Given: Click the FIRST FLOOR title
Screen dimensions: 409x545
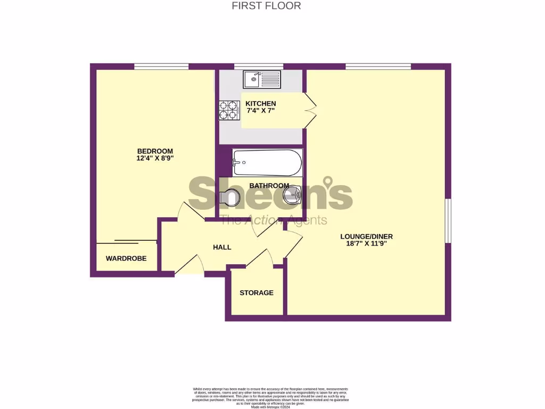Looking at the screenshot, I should point(266,6).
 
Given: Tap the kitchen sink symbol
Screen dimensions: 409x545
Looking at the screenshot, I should point(262,80).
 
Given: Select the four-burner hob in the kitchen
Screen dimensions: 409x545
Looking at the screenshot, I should point(229,110).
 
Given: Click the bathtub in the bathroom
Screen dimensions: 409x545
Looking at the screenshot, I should point(267,162).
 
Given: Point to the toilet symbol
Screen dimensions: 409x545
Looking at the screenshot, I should point(230,198).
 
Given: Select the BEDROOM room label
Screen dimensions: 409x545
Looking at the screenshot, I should point(155,151).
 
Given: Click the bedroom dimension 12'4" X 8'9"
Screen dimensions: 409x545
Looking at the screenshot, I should point(155,158).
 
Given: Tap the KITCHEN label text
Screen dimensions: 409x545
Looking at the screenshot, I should point(260,103).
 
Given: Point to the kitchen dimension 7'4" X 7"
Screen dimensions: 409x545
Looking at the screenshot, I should point(260,111).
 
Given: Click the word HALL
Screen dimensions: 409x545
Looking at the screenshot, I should point(222,247).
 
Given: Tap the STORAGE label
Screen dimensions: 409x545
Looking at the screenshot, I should point(256,293).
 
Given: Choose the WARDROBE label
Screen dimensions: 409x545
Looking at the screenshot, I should point(126,259).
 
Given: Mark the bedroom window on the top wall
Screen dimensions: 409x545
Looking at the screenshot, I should point(161,67).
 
